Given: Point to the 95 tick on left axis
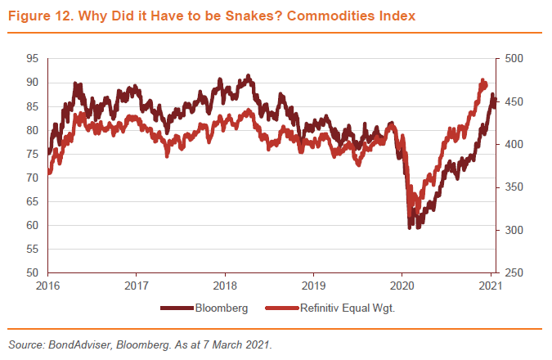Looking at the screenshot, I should tap(32, 59).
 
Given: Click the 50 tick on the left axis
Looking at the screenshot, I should tap(32, 272).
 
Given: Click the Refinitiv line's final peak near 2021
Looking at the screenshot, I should tap(482, 81).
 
